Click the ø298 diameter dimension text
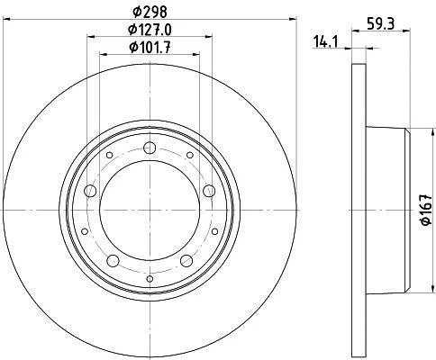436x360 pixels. tap(150, 12)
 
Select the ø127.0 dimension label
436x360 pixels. tap(150, 30)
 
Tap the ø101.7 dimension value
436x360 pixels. tap(150, 48)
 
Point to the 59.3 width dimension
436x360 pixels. tap(381, 23)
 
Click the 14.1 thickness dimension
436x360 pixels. tap(325, 41)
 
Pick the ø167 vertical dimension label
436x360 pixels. tap(426, 210)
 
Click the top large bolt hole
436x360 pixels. tap(150, 148)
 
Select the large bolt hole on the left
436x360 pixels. tap(90, 191)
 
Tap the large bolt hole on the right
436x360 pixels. tap(209, 191)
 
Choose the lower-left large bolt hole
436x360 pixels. tap(113, 261)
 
